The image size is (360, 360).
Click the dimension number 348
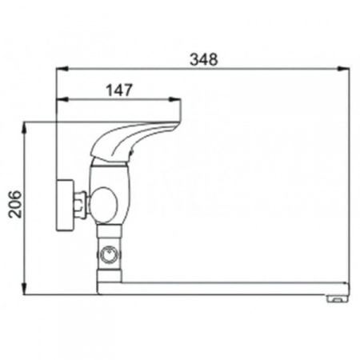204,59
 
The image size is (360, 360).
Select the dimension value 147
119,90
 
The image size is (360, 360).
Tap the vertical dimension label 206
15,204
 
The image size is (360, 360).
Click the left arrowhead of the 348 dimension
62,69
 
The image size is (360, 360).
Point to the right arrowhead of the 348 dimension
343,69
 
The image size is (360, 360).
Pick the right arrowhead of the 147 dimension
174,99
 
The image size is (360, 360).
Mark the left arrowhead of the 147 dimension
62,99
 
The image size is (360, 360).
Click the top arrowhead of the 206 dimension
25,129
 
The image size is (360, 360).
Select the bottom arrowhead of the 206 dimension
25,289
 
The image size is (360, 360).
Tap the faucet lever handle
134,140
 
